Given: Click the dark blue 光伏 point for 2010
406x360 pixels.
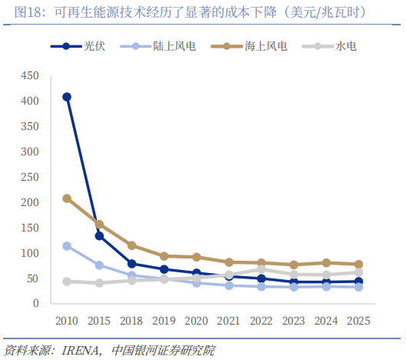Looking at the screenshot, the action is tap(67, 97).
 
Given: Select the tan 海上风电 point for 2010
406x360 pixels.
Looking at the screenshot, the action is tap(67, 198).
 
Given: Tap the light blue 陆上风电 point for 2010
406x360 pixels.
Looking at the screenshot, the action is tap(67, 246).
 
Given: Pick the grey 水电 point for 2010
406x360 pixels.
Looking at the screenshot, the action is tap(67, 282).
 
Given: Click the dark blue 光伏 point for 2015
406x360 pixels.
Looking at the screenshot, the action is tap(99, 236).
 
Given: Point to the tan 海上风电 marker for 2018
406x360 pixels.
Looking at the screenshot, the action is tap(131, 245).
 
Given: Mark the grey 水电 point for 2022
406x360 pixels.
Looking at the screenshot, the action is tap(261, 269).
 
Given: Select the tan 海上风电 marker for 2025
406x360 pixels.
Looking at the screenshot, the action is tap(358, 265).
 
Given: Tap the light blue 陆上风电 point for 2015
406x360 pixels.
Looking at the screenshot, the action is tap(99, 265).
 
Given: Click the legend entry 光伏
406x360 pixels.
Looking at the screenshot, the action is tap(78, 46).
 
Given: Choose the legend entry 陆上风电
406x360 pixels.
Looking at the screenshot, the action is tap(158, 46).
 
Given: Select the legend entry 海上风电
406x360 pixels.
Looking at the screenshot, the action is tap(249, 46).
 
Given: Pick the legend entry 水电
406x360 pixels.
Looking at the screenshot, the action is tap(329, 46).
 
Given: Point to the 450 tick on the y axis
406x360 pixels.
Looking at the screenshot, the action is tap(30, 76).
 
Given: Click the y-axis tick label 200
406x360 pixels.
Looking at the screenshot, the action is tap(30, 202).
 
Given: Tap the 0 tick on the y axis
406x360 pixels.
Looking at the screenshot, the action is tap(36, 303).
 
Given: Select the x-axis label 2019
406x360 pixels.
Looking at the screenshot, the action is tap(164, 321).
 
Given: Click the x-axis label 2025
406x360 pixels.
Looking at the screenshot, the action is tap(358, 321).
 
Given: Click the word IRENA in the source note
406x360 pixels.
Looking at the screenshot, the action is tap(80, 351).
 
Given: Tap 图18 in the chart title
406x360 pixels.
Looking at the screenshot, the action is tap(27, 12).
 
